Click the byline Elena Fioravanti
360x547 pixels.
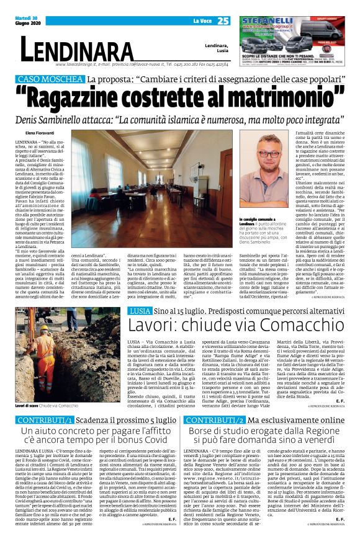point(39,133)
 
